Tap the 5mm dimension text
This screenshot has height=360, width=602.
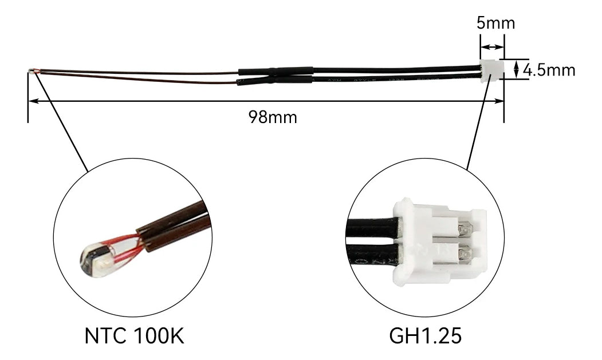pyautogui.click(x=495, y=23)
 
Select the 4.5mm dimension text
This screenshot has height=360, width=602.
pyautogui.click(x=549, y=70)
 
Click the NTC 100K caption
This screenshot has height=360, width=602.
pyautogui.click(x=134, y=335)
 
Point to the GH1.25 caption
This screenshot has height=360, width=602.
pyautogui.click(x=425, y=335)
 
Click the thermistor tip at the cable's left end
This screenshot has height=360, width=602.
pyautogui.click(x=30, y=71)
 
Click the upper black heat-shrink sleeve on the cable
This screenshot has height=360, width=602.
pyautogui.click(x=276, y=72)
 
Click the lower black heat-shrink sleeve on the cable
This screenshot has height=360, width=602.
pyautogui.click(x=276, y=80)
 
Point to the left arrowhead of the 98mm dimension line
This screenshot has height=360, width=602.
pyautogui.click(x=32, y=101)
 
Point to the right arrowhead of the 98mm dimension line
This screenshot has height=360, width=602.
pyautogui.click(x=500, y=101)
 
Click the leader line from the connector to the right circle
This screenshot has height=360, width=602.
pyautogui.click(x=480, y=126)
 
